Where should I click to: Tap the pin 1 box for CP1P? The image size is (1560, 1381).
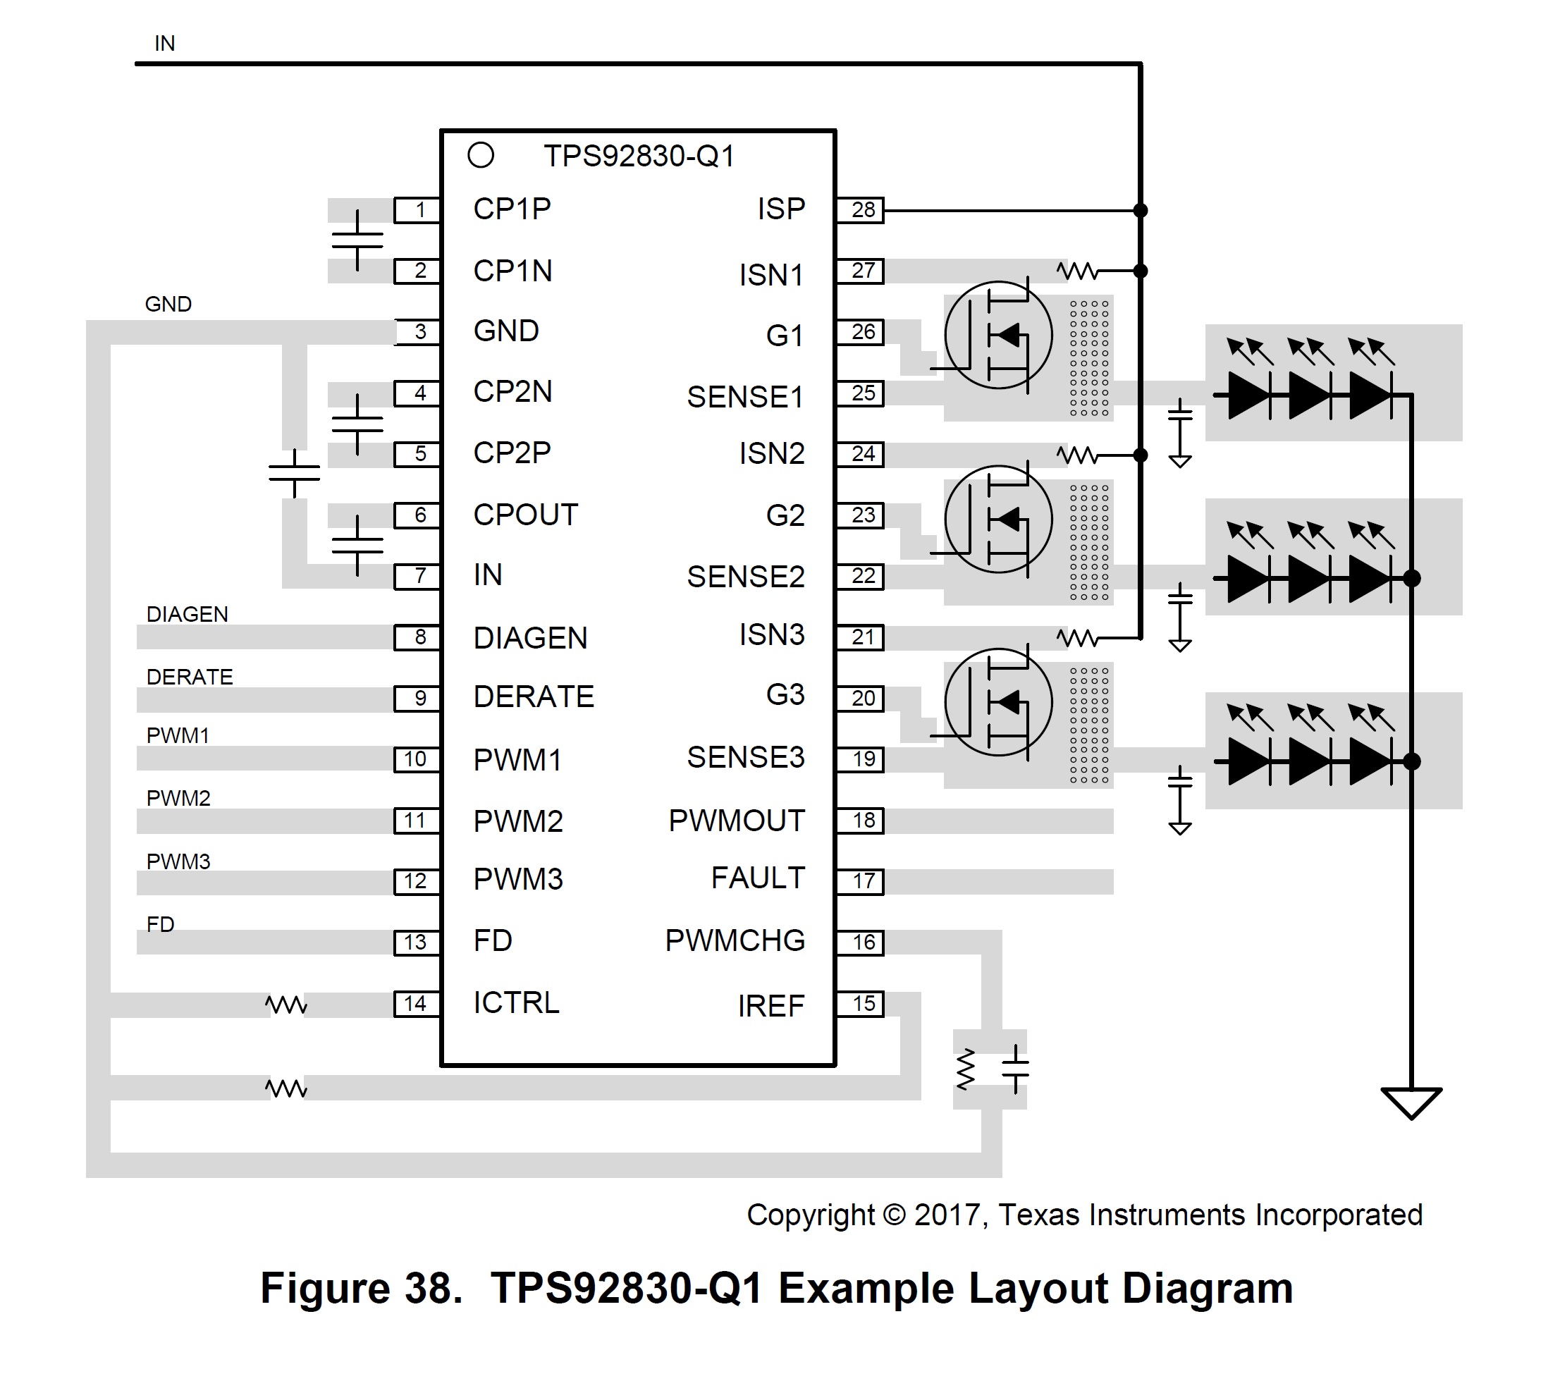(x=417, y=210)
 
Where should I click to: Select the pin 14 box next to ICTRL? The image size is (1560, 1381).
(x=416, y=1004)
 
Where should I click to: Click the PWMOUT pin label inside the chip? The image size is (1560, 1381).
(x=736, y=821)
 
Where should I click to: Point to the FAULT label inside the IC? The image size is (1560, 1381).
(x=757, y=878)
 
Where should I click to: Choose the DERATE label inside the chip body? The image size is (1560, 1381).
(x=533, y=697)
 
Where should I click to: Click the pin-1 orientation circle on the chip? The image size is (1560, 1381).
(x=481, y=156)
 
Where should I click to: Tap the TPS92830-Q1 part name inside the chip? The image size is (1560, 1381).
(x=639, y=156)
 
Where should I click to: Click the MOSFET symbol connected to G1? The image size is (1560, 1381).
(x=997, y=335)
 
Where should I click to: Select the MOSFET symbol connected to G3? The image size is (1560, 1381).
(x=997, y=702)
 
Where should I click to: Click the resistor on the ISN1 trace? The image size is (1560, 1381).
(x=1077, y=271)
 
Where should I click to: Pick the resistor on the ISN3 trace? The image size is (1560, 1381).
(x=1077, y=637)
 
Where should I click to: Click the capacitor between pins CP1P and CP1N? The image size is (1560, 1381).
(x=357, y=240)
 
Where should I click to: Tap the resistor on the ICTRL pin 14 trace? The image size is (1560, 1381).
(x=286, y=1005)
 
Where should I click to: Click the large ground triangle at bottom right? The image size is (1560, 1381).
(x=1411, y=1103)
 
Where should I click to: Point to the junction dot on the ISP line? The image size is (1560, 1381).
(x=1141, y=210)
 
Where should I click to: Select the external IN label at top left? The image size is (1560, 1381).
(x=165, y=44)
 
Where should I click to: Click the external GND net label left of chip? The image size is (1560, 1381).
(x=168, y=305)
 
